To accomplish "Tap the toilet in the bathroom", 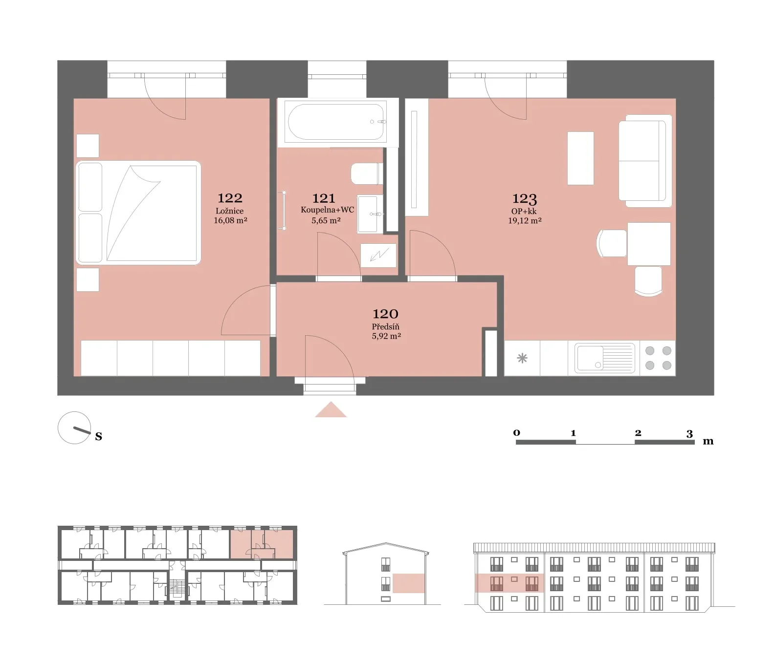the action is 367,173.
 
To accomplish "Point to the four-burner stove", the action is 658,358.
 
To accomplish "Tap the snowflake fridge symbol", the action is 522,358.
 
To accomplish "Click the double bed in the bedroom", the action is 138,213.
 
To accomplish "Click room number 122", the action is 230,198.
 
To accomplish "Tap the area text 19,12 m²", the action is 525,220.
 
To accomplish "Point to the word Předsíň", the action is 385,326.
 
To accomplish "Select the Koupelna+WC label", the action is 327,210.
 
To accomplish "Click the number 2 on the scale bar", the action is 638,433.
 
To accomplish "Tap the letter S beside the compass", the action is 98,436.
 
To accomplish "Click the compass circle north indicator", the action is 74,428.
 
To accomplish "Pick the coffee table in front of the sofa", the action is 580,158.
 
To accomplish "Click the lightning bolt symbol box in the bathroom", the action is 378,255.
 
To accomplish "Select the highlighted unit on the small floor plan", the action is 262,544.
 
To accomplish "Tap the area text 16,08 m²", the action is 230,220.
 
